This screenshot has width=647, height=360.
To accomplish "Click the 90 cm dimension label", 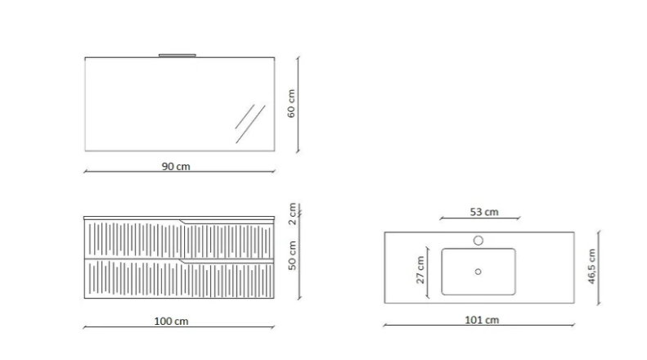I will pyautogui.click(x=176, y=166).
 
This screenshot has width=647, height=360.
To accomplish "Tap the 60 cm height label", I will pyautogui.click(x=290, y=103).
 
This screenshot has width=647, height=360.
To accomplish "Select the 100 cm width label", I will pyautogui.click(x=171, y=322).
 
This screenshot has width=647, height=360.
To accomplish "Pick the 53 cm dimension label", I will pyautogui.click(x=483, y=212).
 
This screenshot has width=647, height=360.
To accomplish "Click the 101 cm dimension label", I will pyautogui.click(x=483, y=320).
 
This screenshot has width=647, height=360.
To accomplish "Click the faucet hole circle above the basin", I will pyautogui.click(x=479, y=241).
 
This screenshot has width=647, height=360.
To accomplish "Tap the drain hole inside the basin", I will pyautogui.click(x=478, y=272).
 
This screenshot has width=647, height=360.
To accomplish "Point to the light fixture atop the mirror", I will pyautogui.click(x=177, y=55).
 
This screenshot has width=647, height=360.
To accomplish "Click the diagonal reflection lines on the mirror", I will pyautogui.click(x=249, y=123).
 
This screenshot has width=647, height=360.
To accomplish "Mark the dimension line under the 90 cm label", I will pyautogui.click(x=179, y=172).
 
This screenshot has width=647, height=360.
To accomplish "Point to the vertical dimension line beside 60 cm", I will pyautogui.click(x=299, y=103).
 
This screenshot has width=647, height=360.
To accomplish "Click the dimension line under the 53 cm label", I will pyautogui.click(x=480, y=218).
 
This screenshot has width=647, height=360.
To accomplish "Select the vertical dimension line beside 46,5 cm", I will pyautogui.click(x=600, y=268).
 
